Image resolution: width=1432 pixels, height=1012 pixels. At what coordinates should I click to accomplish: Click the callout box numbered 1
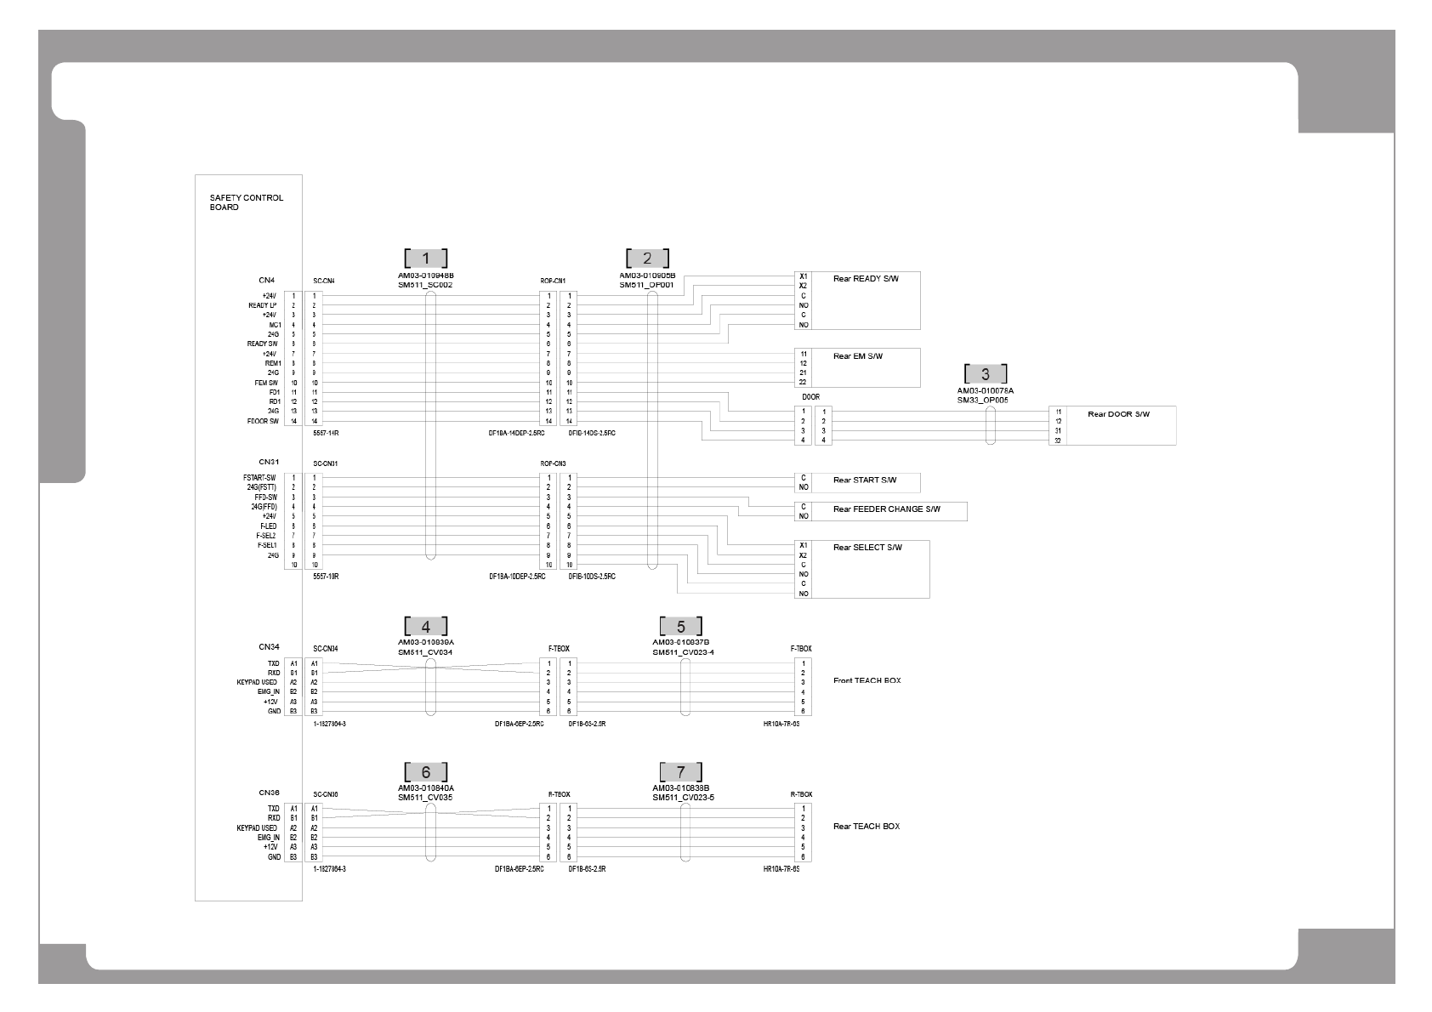pos(425,258)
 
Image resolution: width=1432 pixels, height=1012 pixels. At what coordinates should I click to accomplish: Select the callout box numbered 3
pos(986,373)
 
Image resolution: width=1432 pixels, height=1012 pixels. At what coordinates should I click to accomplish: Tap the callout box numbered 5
pos(681,627)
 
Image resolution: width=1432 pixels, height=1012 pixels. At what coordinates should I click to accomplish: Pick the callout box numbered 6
pos(425,771)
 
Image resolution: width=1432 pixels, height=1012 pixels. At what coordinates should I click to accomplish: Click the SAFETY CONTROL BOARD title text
pos(247,202)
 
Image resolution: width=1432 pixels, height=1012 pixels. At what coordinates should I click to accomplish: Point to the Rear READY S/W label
pos(865,279)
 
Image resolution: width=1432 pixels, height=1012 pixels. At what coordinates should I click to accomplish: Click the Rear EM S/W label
pos(857,356)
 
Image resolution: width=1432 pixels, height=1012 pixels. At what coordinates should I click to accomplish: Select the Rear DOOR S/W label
pos(1118,414)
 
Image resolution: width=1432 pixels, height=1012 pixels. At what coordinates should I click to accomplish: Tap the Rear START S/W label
pos(864,480)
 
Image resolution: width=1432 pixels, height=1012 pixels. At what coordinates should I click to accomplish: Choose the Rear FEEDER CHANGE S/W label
pos(886,509)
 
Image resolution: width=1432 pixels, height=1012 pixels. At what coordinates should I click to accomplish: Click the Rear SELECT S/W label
pos(867,548)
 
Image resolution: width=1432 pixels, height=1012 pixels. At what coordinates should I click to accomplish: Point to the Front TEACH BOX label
pos(867,681)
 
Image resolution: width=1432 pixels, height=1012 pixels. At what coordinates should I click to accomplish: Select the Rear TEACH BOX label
pos(866,827)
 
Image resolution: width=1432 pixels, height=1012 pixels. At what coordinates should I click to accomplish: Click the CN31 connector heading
pos(269,462)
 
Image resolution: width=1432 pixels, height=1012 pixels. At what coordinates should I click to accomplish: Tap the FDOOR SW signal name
pos(263,421)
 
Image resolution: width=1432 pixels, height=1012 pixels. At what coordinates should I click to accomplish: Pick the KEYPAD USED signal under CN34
pos(257,683)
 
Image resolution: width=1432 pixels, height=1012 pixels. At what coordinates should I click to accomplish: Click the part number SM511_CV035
pos(425,798)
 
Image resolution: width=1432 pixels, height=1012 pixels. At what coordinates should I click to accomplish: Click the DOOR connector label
pos(810,397)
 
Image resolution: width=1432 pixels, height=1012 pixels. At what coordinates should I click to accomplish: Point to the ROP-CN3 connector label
pos(553,463)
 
